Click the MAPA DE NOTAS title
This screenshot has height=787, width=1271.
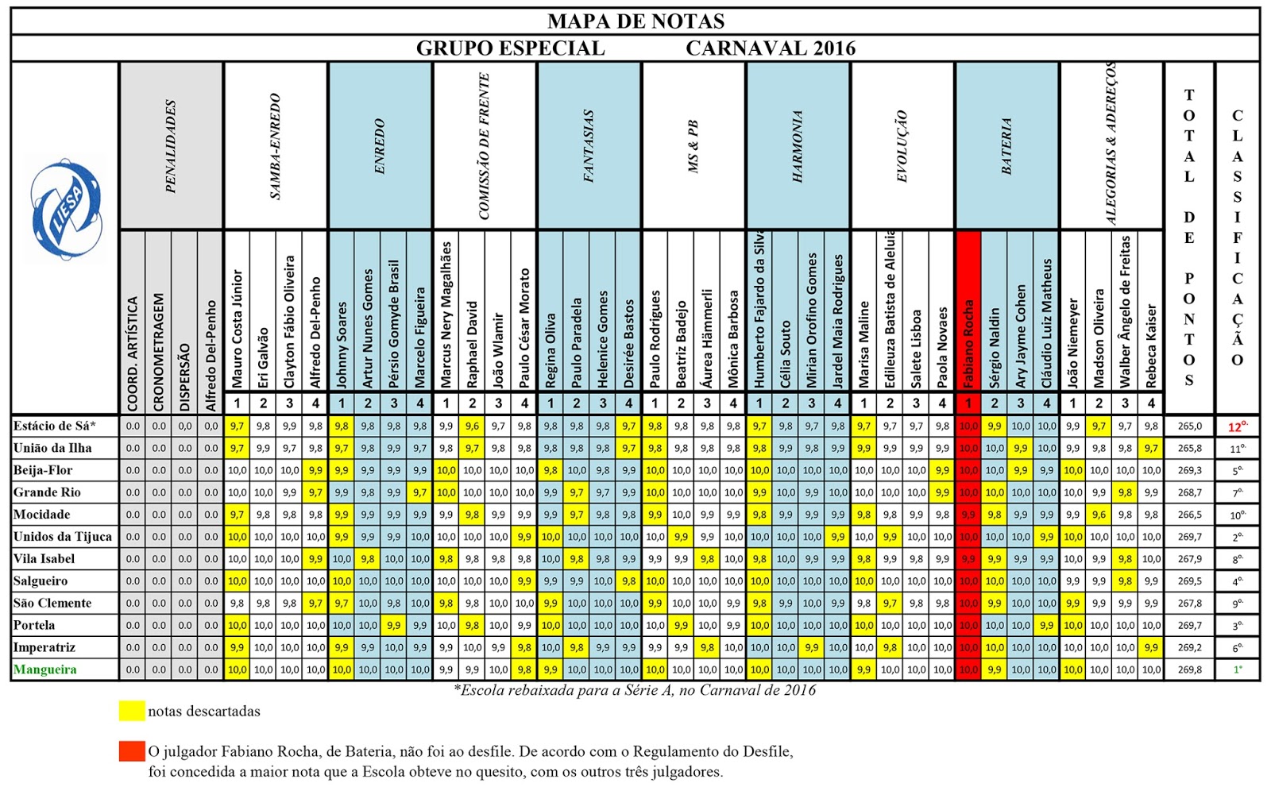point(635,21)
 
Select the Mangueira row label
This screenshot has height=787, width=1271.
point(45,669)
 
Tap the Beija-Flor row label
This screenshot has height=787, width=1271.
point(43,470)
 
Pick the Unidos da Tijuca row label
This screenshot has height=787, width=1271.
point(63,537)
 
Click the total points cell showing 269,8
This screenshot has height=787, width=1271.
point(1189,669)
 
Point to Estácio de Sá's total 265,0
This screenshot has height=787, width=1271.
point(1189,426)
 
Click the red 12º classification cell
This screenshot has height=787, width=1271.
point(1237,426)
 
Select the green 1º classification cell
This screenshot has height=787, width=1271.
point(1237,669)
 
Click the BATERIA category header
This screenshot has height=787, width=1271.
point(1006,147)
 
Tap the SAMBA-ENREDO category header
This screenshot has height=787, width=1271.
point(276,147)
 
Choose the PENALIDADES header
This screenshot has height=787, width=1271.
point(171,147)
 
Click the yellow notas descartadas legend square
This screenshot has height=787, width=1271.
point(132,711)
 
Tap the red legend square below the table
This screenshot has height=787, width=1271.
point(132,750)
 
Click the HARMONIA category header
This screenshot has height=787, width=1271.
point(798,147)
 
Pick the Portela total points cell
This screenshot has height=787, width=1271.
point(1189,625)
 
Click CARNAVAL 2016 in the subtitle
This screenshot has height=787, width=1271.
point(771,48)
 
